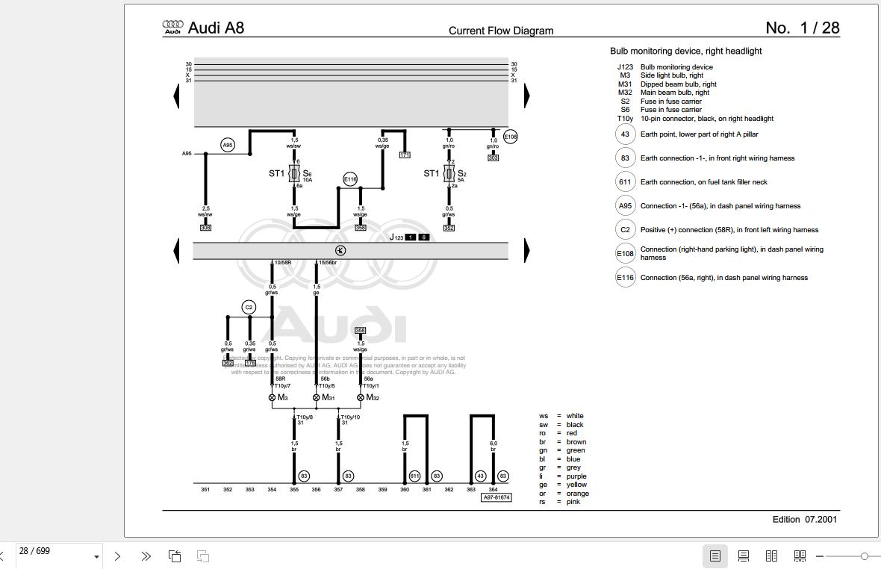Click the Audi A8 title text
(x=216, y=28)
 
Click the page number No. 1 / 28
(x=802, y=28)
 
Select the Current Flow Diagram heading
(x=501, y=31)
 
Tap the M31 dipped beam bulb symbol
(x=317, y=397)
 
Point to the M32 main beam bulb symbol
(x=361, y=397)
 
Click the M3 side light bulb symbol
(x=272, y=397)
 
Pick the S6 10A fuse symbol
(x=294, y=174)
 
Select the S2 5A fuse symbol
(x=449, y=174)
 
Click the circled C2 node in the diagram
(x=249, y=307)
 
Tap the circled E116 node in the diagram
(x=350, y=178)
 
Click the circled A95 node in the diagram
(x=228, y=145)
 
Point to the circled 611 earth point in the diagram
(x=414, y=476)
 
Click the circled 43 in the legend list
(x=625, y=134)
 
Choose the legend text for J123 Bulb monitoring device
(x=676, y=66)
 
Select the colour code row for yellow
(x=564, y=485)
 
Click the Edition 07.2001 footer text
(x=804, y=519)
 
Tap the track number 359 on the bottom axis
(x=382, y=490)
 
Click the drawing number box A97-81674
(x=496, y=497)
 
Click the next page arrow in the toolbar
(x=117, y=556)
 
